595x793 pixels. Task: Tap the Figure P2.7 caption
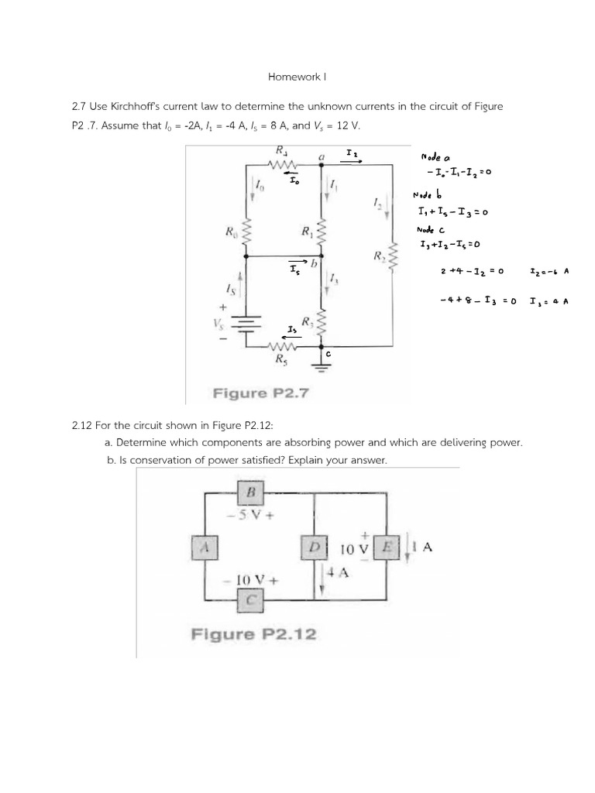pos(261,393)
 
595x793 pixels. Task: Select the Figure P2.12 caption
pos(253,634)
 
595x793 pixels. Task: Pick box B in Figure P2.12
pos(251,492)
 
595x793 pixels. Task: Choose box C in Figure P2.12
pos(251,599)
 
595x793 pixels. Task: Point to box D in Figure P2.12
pos(315,548)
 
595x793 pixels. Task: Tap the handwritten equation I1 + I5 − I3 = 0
pos(451,211)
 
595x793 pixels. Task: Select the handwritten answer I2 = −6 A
pos(549,272)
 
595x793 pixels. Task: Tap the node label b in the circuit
pos(315,265)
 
